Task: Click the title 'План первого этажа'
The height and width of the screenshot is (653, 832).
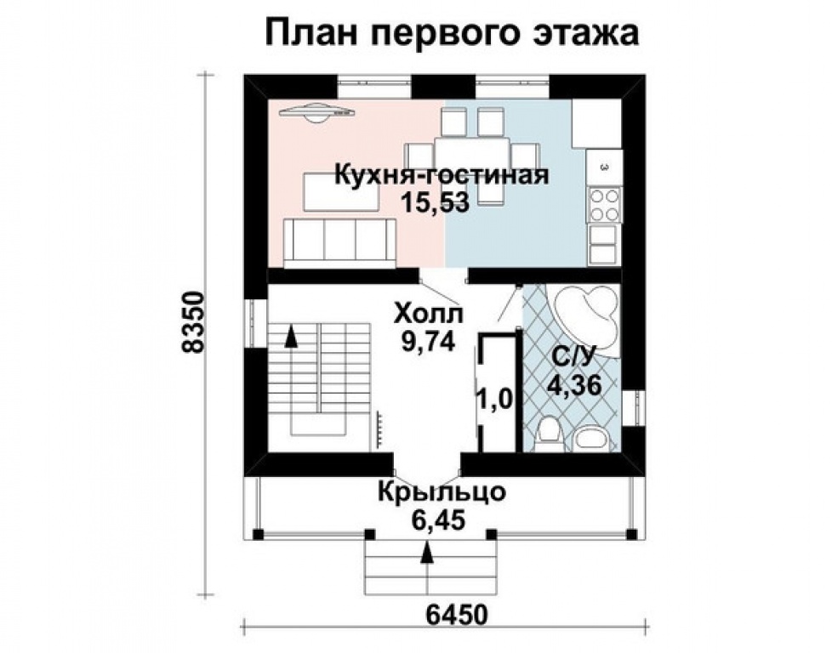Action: click(x=452, y=34)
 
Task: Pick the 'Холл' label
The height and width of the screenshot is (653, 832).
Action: click(x=427, y=315)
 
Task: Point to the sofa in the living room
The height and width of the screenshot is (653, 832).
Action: click(x=339, y=241)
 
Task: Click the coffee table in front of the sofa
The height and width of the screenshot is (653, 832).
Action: click(x=333, y=190)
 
